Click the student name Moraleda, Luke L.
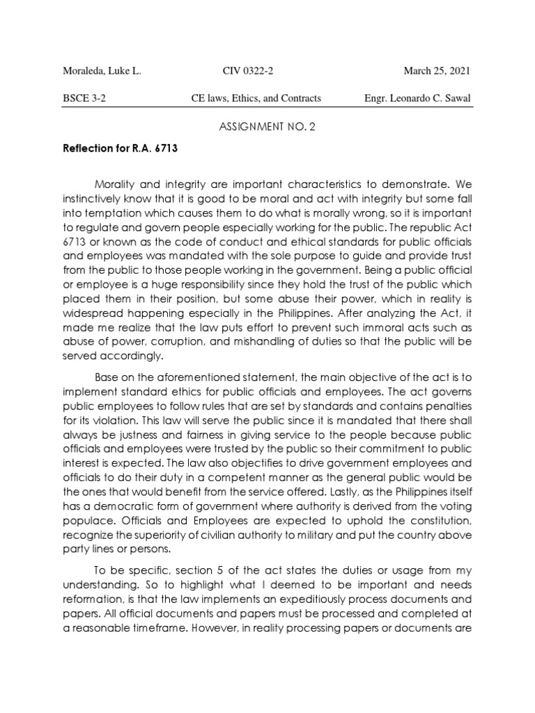102,71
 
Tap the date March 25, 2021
437,71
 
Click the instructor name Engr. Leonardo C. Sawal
417,98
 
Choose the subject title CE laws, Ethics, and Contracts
256,98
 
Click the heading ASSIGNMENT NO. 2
267,126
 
